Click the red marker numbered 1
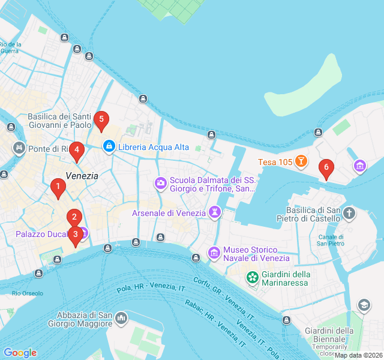click(x=58, y=188)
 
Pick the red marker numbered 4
click(x=76, y=151)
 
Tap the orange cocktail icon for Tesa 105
click(x=301, y=162)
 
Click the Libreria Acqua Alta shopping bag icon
click(x=109, y=146)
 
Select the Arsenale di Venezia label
click(x=169, y=213)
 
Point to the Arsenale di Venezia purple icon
click(x=214, y=212)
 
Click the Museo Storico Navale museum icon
click(x=214, y=254)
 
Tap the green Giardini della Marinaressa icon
click(x=253, y=278)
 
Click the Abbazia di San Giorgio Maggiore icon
click(x=122, y=317)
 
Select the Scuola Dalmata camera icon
click(x=160, y=182)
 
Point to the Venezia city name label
click(x=82, y=176)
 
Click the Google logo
click(x=20, y=353)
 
